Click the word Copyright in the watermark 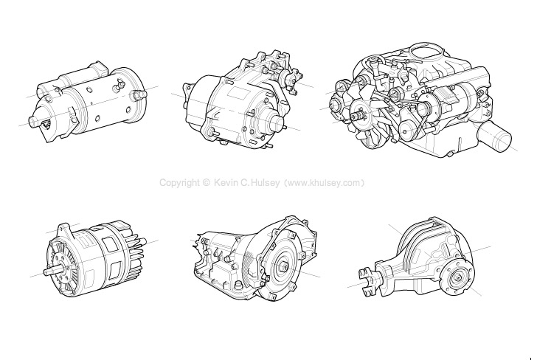pyautogui.click(x=179, y=182)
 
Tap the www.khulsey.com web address pyautogui.click(x=325, y=182)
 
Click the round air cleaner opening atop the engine pyautogui.click(x=426, y=52)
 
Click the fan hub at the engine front pyautogui.click(x=361, y=114)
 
